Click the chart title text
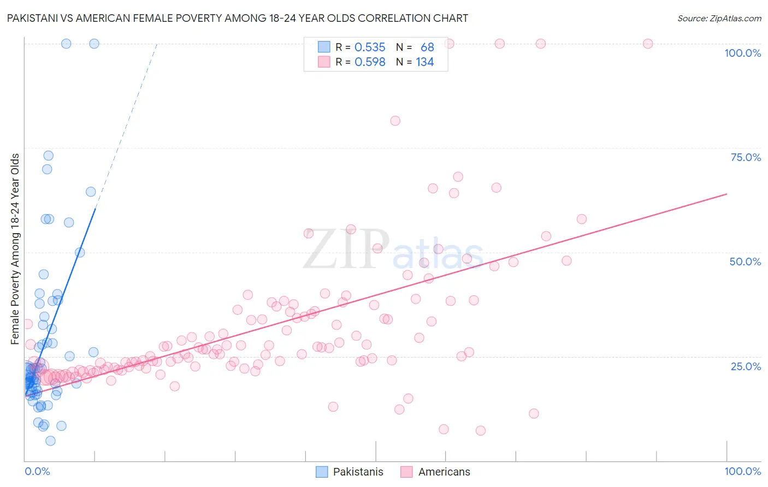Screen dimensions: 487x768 (x=237, y=18)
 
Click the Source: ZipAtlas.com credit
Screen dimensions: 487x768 (x=719, y=18)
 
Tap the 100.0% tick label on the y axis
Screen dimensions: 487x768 (x=742, y=53)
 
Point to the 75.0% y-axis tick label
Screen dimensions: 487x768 (x=746, y=157)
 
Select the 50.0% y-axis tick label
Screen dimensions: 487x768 (x=745, y=262)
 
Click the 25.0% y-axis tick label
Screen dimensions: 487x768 (x=746, y=366)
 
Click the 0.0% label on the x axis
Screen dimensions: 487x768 (x=37, y=471)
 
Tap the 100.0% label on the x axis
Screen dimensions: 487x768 (x=742, y=471)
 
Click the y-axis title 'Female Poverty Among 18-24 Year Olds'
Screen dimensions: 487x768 (x=15, y=249)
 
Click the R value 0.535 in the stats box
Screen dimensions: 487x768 (x=370, y=47)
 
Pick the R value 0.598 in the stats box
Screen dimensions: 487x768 (x=370, y=62)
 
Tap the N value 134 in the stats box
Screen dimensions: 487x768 (x=424, y=62)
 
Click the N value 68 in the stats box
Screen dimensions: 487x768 (x=427, y=47)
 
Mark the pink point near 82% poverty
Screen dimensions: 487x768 (x=395, y=121)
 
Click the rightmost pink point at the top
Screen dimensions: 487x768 (x=648, y=44)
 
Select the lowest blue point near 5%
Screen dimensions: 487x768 (x=50, y=441)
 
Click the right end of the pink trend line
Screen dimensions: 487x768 (x=726, y=194)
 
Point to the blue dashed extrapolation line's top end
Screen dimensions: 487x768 (x=157, y=44)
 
